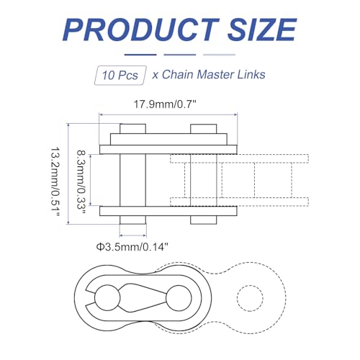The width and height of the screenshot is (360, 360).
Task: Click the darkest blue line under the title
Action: pyautogui.click(x=140, y=53)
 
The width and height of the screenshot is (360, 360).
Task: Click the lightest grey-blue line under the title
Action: pyautogui.click(x=219, y=53)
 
